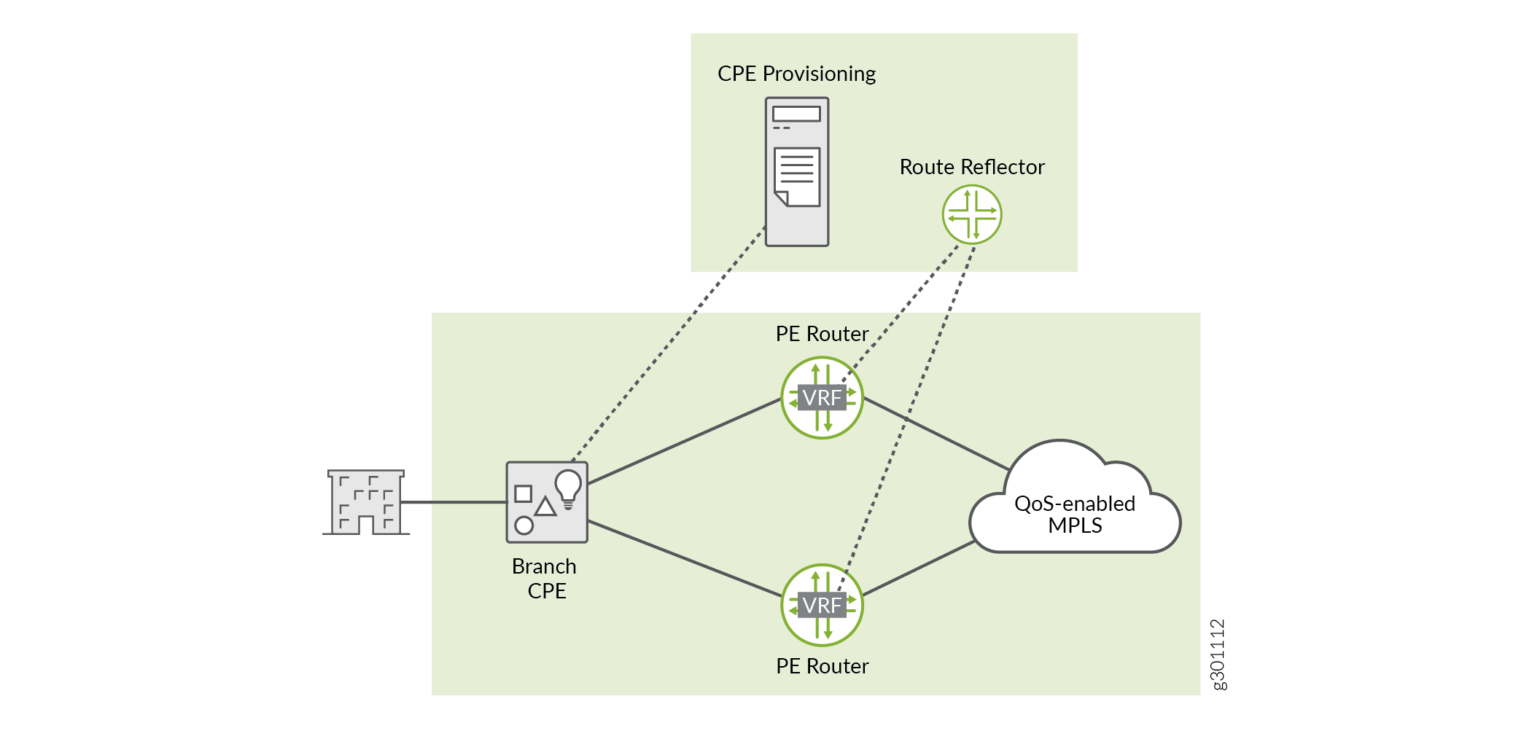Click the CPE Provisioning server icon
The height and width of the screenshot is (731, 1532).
[796, 172]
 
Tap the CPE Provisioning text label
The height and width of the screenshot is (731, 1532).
[796, 74]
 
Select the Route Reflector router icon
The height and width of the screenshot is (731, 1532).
[971, 214]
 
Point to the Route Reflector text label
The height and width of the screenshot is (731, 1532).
[971, 167]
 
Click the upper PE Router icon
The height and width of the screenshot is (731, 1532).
[822, 397]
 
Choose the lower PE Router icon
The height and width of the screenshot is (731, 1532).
[822, 605]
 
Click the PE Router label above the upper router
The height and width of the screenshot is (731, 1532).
[822, 334]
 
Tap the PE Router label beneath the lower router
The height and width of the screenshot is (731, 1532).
[822, 666]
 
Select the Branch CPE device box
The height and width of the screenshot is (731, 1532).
[547, 502]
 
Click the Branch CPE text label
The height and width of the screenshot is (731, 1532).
[545, 578]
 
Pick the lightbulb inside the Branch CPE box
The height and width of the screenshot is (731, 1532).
[568, 487]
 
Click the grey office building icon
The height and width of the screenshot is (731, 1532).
[366, 502]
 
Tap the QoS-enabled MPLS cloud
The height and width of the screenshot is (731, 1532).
[1074, 510]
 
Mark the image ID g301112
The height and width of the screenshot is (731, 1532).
[1218, 654]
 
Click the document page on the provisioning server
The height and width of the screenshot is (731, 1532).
[797, 176]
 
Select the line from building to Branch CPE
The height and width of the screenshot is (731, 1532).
[454, 502]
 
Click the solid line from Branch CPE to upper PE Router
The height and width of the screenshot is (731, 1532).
[684, 441]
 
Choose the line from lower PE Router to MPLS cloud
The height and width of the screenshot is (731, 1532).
[919, 568]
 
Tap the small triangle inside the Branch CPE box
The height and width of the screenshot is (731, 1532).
[545, 507]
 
